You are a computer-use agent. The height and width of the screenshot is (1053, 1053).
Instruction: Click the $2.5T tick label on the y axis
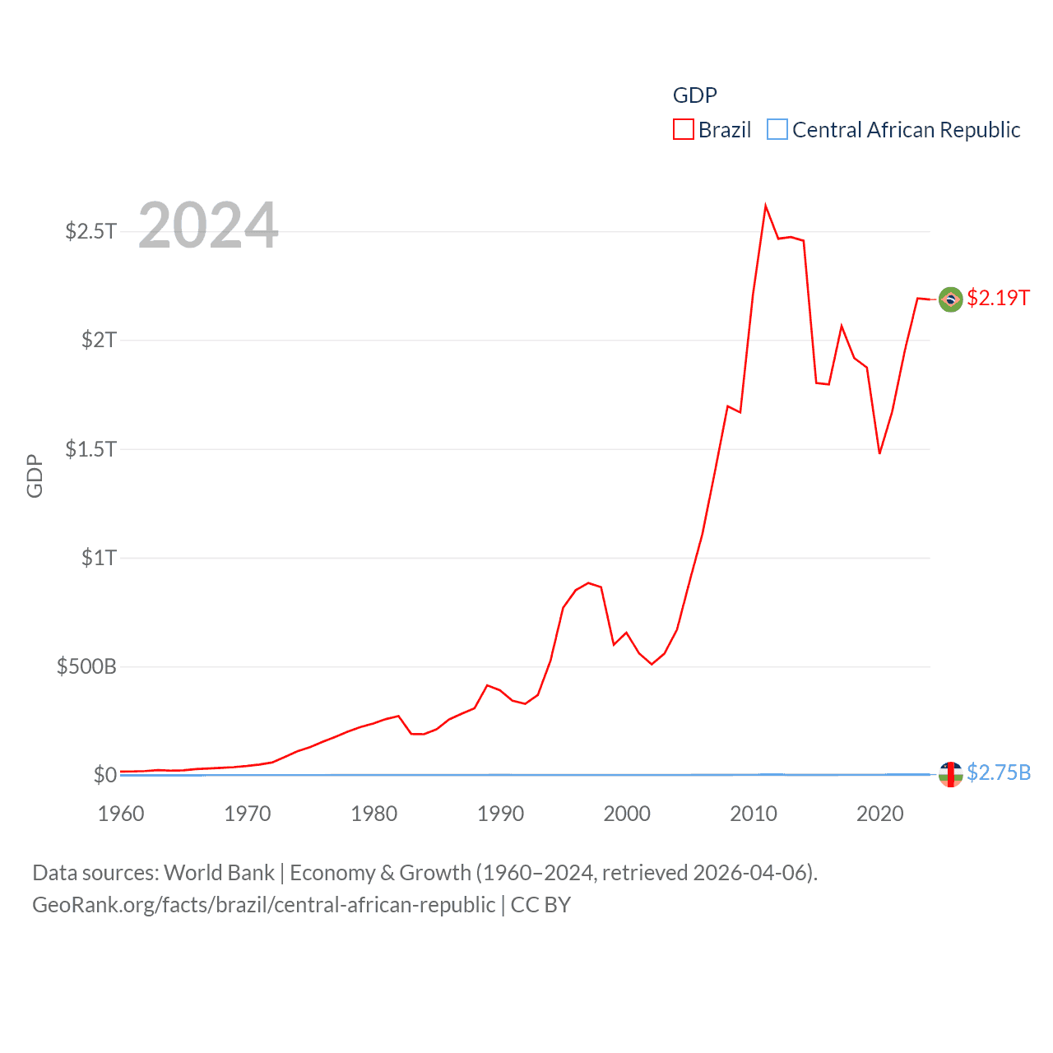coord(90,231)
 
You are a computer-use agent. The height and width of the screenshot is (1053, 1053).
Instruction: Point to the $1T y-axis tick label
coord(99,558)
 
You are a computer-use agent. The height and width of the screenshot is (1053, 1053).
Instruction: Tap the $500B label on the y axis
coord(86,666)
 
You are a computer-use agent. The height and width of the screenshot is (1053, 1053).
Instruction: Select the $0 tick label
coord(104,775)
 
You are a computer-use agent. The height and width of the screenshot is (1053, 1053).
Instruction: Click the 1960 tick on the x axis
coord(121,814)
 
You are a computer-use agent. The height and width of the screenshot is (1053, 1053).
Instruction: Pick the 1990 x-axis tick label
coord(500,814)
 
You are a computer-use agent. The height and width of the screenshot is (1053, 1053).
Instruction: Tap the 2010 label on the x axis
coord(754,814)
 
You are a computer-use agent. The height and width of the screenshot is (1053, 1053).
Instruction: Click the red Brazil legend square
coord(684,130)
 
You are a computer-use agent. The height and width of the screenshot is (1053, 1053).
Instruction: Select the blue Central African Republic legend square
coord(777,130)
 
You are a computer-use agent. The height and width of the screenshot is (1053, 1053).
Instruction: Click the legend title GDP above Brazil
coord(695,95)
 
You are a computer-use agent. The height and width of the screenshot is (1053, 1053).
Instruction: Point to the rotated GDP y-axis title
coord(35,475)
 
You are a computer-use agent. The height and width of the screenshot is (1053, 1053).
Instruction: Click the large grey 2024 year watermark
coord(208,225)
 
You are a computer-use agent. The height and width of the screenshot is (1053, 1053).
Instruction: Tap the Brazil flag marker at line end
coord(950,299)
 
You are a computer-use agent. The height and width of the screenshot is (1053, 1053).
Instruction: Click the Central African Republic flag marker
coord(950,774)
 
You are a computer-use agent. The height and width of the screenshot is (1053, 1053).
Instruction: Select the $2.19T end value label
coord(998,298)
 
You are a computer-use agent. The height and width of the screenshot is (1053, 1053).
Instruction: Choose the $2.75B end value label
coord(999,772)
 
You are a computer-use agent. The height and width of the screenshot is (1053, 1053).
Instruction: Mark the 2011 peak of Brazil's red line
coord(766,206)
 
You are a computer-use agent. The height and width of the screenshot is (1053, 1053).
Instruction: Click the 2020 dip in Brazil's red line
coord(879,453)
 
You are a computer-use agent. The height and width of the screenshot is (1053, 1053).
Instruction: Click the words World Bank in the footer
coord(220,873)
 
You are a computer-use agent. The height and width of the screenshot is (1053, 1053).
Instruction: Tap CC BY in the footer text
coord(540,905)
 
